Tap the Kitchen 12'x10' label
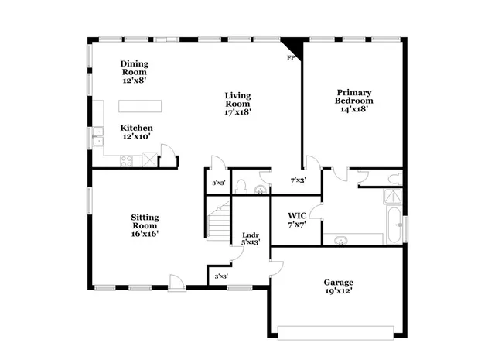click(x=136, y=132)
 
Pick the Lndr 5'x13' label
click(x=251, y=238)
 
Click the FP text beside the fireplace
click(x=291, y=58)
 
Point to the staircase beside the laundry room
click(x=218, y=218)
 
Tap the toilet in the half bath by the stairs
click(x=242, y=186)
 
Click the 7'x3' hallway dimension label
click(x=297, y=180)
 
